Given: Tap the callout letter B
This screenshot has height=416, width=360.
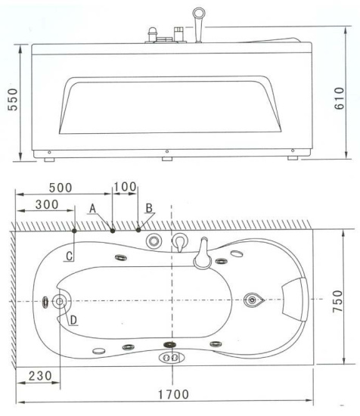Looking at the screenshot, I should click(149, 206).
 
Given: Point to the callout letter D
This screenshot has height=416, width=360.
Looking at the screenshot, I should click(73, 319).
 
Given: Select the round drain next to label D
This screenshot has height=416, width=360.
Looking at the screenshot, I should click(60, 301).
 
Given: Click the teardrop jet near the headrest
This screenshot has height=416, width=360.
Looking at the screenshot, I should click(253, 300).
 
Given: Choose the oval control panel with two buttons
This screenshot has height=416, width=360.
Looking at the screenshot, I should click(169, 358).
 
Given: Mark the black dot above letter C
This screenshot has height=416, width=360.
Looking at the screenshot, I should click(75, 229).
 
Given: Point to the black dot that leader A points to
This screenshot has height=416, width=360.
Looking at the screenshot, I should click(113, 229).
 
